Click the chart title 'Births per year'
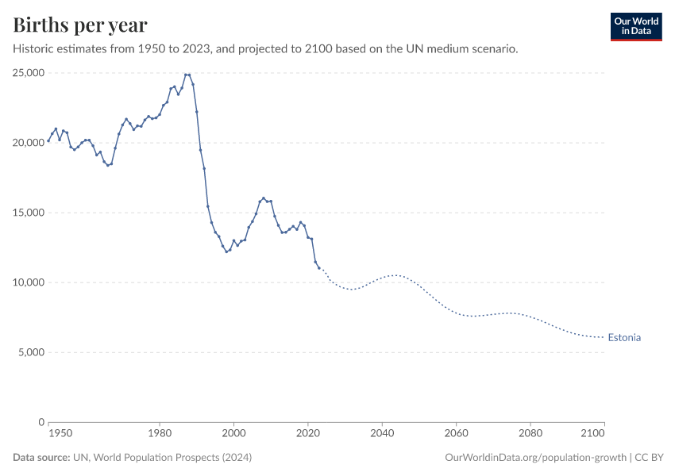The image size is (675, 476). tap(79, 25)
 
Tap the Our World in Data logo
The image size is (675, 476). tap(635, 26)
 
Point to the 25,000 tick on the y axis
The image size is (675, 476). tap(29, 73)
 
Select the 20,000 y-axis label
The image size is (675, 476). tap(29, 143)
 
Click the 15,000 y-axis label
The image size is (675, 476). tap(29, 213)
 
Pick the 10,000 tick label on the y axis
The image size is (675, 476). tap(29, 282)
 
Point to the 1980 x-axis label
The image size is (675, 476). tap(160, 434)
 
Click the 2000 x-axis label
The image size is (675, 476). tap(233, 434)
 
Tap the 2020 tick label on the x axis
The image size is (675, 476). tap(308, 434)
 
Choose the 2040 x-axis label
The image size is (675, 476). tap(382, 434)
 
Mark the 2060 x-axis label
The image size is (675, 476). tap(456, 434)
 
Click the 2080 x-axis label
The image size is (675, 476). tap(530, 434)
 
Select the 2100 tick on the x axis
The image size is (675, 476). tap(593, 434)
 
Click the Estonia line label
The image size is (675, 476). tap(624, 337)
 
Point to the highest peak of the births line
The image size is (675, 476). tap(187, 75)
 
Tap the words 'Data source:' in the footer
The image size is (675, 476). tap(41, 458)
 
